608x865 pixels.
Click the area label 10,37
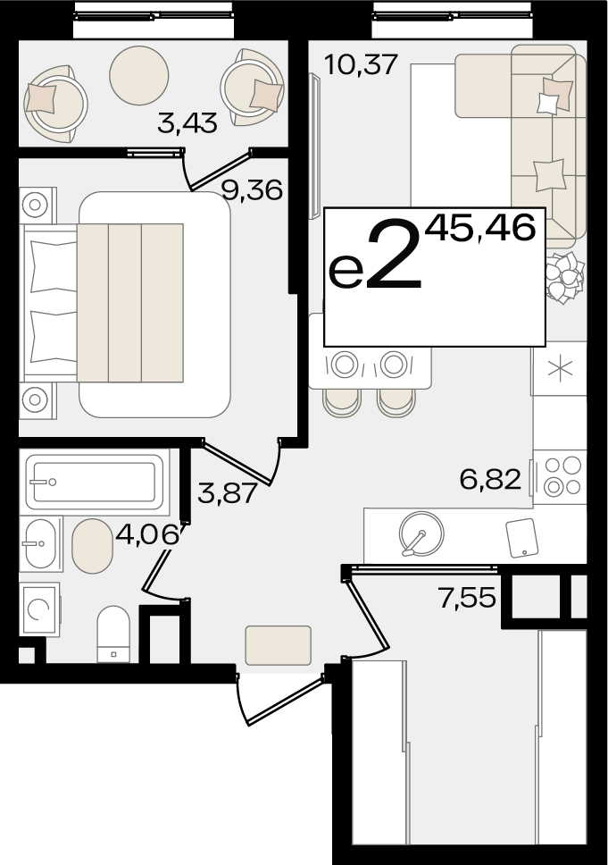361,65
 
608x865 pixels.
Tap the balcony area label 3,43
187,122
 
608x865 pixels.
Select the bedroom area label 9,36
252,190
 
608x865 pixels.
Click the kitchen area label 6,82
490,479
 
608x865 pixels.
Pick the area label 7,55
467,598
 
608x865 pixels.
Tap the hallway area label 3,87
227,492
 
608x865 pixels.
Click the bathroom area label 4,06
147,534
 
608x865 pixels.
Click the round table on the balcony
139,75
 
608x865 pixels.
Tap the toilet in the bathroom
113,634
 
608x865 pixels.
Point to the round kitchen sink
421,533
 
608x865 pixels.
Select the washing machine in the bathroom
39,609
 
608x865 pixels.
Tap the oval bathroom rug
93,546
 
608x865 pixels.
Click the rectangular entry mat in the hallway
279,645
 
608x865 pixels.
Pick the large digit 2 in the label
394,255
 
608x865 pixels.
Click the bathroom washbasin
41,543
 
